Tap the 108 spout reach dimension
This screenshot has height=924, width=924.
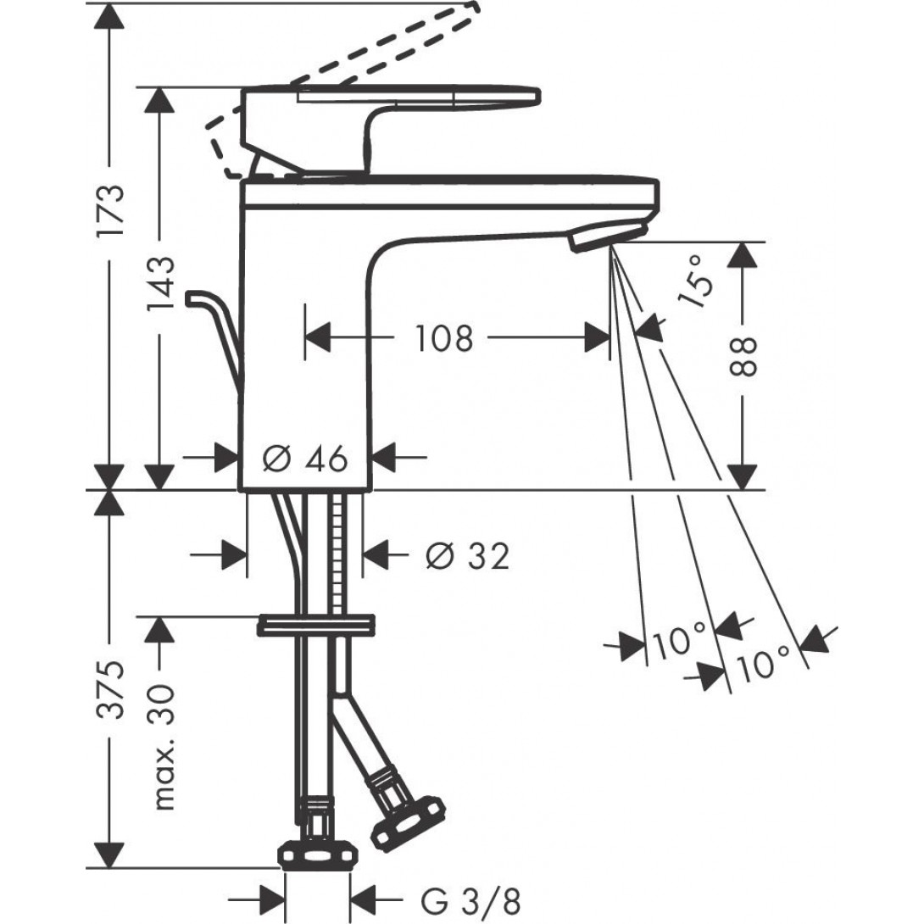(443, 339)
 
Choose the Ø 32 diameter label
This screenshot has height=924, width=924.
(468, 557)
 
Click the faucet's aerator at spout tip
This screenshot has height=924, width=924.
(607, 237)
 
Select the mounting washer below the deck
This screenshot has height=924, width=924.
(316, 626)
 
